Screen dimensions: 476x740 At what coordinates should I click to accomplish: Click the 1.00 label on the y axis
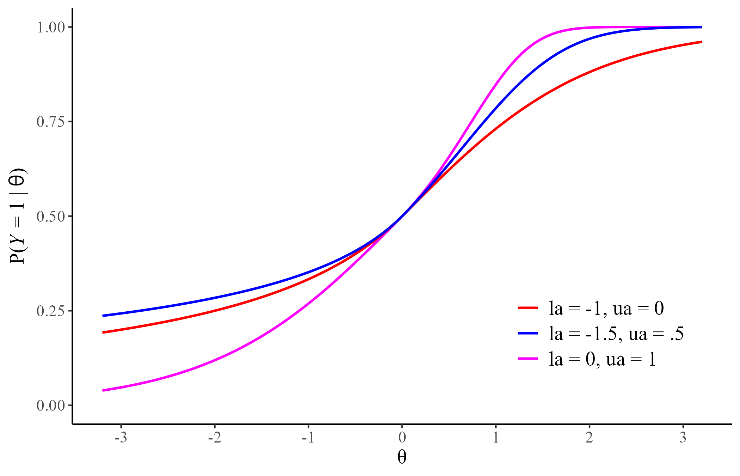coord(51,28)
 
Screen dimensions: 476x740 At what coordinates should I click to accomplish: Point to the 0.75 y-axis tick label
coord(51,122)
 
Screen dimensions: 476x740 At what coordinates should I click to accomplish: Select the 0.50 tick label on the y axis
coord(51,216)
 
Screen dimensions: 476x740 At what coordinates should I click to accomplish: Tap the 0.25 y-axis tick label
coord(51,311)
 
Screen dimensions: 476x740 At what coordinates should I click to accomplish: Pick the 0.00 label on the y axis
coord(51,405)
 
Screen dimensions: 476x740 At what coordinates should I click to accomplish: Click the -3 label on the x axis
coord(121,438)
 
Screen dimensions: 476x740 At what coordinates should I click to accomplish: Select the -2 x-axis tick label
coord(214,438)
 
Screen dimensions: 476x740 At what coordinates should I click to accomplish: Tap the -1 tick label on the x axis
coord(308,438)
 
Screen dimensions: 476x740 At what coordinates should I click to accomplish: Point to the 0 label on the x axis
coord(402,438)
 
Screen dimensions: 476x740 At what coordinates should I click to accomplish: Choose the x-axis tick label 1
coord(496,438)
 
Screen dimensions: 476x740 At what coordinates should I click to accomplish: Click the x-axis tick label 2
coord(589,438)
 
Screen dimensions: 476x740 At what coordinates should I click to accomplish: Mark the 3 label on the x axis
coord(683,438)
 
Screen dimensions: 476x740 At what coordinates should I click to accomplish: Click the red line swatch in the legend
coord(528,308)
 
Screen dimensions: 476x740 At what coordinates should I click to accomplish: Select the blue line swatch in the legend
coord(528,333)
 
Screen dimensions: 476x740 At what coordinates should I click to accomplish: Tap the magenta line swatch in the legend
coord(528,359)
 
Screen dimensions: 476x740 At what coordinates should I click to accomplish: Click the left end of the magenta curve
coord(103,390)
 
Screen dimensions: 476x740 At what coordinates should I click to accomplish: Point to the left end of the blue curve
coord(103,316)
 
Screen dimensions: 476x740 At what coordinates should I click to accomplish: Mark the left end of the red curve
coord(103,332)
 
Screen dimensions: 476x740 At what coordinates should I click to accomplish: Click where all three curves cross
coord(402,216)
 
